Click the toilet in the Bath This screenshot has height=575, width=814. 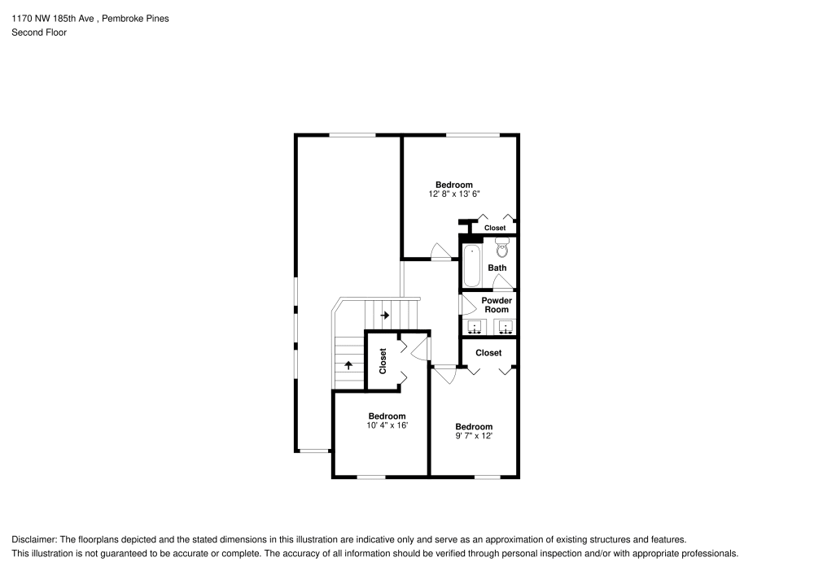[501, 249]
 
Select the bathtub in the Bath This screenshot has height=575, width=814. [471, 265]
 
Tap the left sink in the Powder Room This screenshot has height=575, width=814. [475, 328]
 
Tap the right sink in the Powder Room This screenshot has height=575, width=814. [505, 328]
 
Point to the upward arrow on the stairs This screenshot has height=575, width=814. [349, 364]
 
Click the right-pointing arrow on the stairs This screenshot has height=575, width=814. [385, 315]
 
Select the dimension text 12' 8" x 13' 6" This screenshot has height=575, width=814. [453, 194]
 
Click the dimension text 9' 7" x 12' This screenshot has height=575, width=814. [473, 436]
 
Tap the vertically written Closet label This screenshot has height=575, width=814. [383, 362]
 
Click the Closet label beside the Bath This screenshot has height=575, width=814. [495, 228]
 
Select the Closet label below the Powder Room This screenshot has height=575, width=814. [488, 353]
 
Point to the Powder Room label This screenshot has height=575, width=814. [497, 305]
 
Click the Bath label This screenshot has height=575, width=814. [497, 268]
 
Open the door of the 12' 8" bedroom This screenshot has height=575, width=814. [440, 251]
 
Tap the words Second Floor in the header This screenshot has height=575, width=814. [39, 33]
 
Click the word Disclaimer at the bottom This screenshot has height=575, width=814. [33, 539]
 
